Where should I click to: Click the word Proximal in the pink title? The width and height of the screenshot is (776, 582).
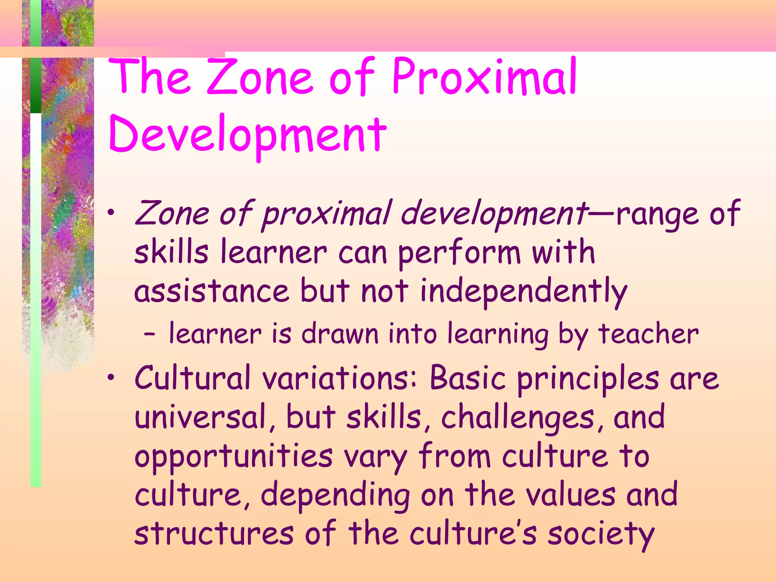484,77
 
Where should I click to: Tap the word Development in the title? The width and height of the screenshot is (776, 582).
247,136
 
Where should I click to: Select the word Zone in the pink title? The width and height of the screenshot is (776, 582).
261,77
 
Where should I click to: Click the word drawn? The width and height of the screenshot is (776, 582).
340,334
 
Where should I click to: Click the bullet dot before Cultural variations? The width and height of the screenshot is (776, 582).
110,377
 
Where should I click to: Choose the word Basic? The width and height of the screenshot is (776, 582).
468,378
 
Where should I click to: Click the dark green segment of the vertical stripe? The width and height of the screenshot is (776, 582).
36,85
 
